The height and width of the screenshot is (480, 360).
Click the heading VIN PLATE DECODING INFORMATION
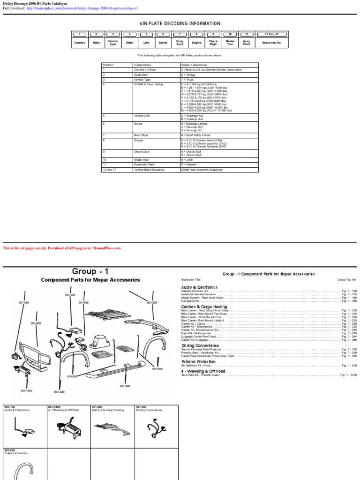180,23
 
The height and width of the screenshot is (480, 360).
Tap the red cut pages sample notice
62,248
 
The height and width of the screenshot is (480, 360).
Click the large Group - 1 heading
90,271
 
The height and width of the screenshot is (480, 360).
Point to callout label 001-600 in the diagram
24,303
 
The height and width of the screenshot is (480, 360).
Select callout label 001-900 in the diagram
83,303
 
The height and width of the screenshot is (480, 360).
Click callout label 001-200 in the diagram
151,303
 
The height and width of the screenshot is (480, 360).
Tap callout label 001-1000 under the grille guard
26,390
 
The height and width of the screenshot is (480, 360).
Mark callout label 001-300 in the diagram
59,391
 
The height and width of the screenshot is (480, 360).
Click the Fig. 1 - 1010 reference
349,375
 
